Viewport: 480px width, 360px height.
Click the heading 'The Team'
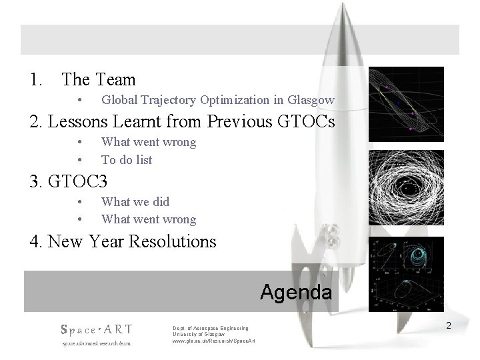pos(98,80)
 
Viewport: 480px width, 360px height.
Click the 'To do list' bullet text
pos(127,160)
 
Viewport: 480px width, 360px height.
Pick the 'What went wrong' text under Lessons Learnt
pos(148,142)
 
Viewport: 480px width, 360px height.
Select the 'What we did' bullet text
pos(135,201)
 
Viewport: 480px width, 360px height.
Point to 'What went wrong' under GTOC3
pos(148,219)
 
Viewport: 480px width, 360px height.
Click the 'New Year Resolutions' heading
pos(123,241)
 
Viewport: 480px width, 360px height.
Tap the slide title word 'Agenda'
pos(295,293)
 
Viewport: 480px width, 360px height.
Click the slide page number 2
pos(449,325)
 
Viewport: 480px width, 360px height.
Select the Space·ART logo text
pos(96,329)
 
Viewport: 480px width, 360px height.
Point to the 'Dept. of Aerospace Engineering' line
pos(210,328)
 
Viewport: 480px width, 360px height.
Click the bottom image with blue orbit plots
pos(406,273)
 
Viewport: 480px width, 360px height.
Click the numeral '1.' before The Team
pos(36,80)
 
